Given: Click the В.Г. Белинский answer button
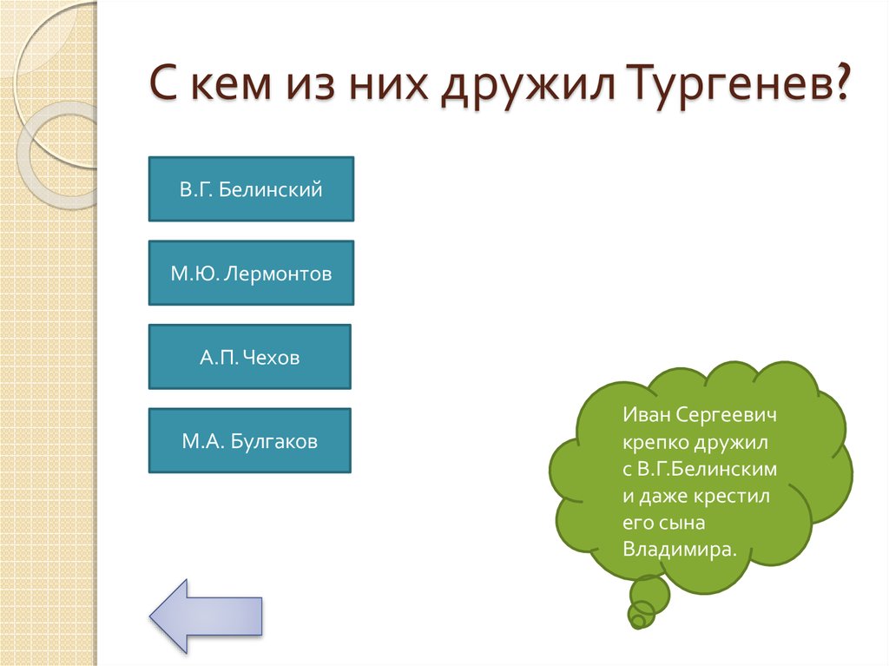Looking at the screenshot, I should [251, 189].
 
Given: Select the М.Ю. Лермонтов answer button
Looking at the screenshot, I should [251, 274].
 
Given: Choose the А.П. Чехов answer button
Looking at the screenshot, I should [249, 357].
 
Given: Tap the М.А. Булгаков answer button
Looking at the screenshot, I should [249, 441].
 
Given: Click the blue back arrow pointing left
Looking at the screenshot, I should [206, 615].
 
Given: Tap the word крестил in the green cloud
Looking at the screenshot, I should [728, 496].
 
